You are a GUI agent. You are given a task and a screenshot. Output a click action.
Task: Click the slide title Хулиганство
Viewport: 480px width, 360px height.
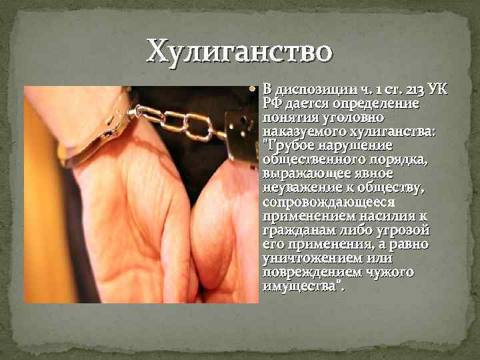coord(239,51)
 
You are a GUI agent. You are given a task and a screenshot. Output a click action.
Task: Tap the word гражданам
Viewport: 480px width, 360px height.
coord(296,230)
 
